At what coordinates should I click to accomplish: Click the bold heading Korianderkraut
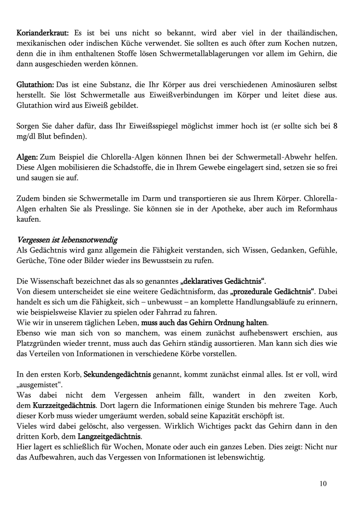(43, 33)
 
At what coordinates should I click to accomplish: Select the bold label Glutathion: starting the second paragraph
(35, 85)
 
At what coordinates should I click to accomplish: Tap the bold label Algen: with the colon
(27, 157)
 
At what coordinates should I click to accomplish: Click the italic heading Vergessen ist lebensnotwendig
(67, 240)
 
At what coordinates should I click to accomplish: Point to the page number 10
(322, 484)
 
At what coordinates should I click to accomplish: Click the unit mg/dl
(26, 137)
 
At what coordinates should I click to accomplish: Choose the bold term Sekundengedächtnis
(118, 374)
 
